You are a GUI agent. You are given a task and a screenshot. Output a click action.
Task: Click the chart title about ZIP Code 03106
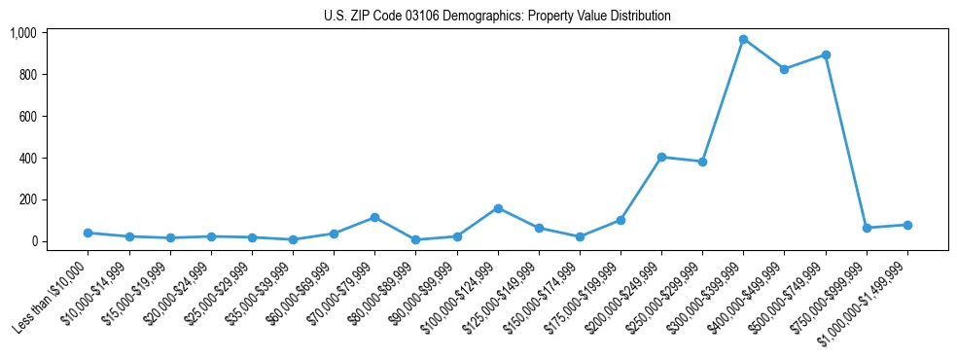click(497, 16)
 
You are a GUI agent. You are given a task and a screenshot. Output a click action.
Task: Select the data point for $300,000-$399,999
click(743, 40)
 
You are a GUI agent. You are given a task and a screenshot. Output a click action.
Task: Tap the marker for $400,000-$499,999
click(784, 69)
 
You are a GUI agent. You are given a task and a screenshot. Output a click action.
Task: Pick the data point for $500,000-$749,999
click(825, 54)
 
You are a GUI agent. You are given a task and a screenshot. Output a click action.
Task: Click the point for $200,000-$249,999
click(661, 157)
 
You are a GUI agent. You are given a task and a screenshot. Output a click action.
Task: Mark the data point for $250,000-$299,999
click(702, 162)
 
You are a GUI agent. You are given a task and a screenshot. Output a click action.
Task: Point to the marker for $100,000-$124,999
click(498, 208)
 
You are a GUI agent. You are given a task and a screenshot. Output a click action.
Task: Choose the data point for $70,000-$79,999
click(374, 218)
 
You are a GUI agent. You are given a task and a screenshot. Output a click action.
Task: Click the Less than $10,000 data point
click(89, 233)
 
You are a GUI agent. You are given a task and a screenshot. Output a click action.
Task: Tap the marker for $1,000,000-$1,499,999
click(907, 225)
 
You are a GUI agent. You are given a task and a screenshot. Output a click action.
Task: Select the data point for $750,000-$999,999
click(867, 228)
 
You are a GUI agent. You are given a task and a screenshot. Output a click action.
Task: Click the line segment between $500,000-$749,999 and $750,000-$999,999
click(846, 141)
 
